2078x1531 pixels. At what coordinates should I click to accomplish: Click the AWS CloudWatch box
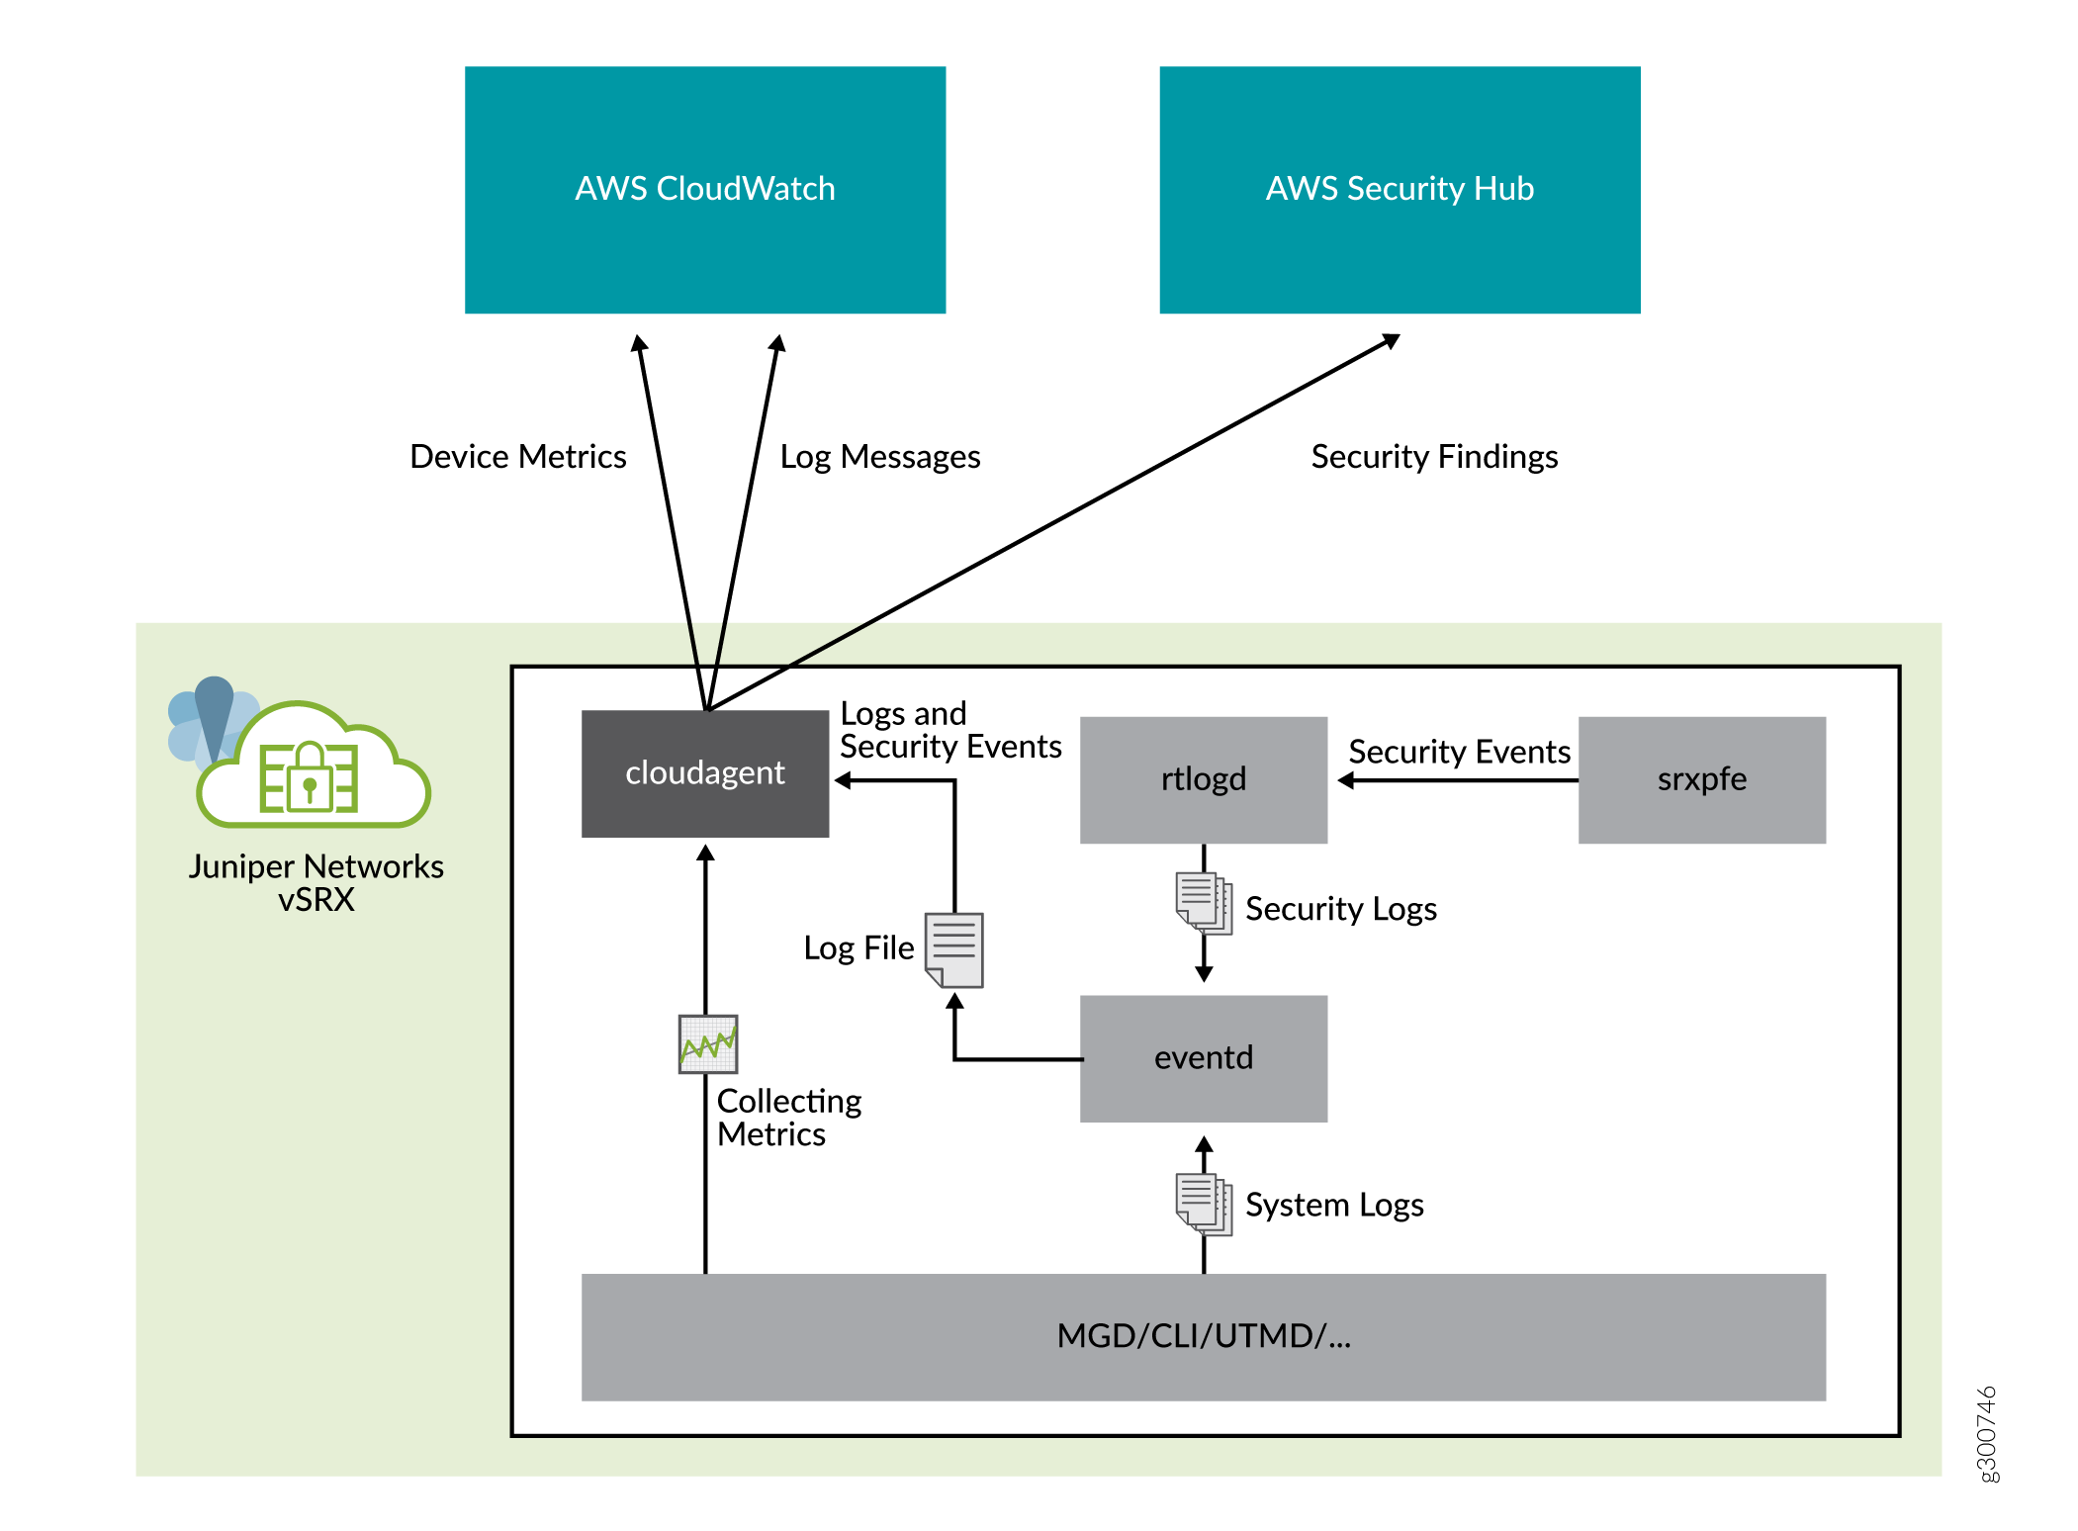(704, 189)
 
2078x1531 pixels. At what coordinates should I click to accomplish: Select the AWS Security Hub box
(1399, 189)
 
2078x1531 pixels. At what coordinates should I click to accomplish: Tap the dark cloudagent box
(704, 773)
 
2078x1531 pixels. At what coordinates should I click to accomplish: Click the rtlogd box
(1203, 779)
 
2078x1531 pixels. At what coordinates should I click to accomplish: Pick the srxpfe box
(1701, 779)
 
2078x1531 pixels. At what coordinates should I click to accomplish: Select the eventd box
(1203, 1058)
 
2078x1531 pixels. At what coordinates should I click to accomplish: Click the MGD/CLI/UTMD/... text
(1203, 1336)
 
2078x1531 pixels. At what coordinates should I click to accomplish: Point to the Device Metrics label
(517, 457)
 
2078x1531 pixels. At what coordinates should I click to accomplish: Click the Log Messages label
(879, 457)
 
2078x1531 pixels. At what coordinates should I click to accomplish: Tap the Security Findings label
(1433, 457)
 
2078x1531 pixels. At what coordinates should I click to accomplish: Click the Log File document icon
(954, 949)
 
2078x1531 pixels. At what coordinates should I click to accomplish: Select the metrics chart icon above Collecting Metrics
(708, 1044)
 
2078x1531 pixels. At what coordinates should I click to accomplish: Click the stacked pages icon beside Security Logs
(1203, 903)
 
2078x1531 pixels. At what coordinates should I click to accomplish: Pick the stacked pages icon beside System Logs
(1203, 1204)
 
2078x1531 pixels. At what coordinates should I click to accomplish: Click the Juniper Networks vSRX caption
(316, 882)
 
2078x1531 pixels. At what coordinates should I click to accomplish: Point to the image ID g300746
(1986, 1434)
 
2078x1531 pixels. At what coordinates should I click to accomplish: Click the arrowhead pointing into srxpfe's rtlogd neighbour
(1346, 780)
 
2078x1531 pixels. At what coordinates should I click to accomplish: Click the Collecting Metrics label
(788, 1118)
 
